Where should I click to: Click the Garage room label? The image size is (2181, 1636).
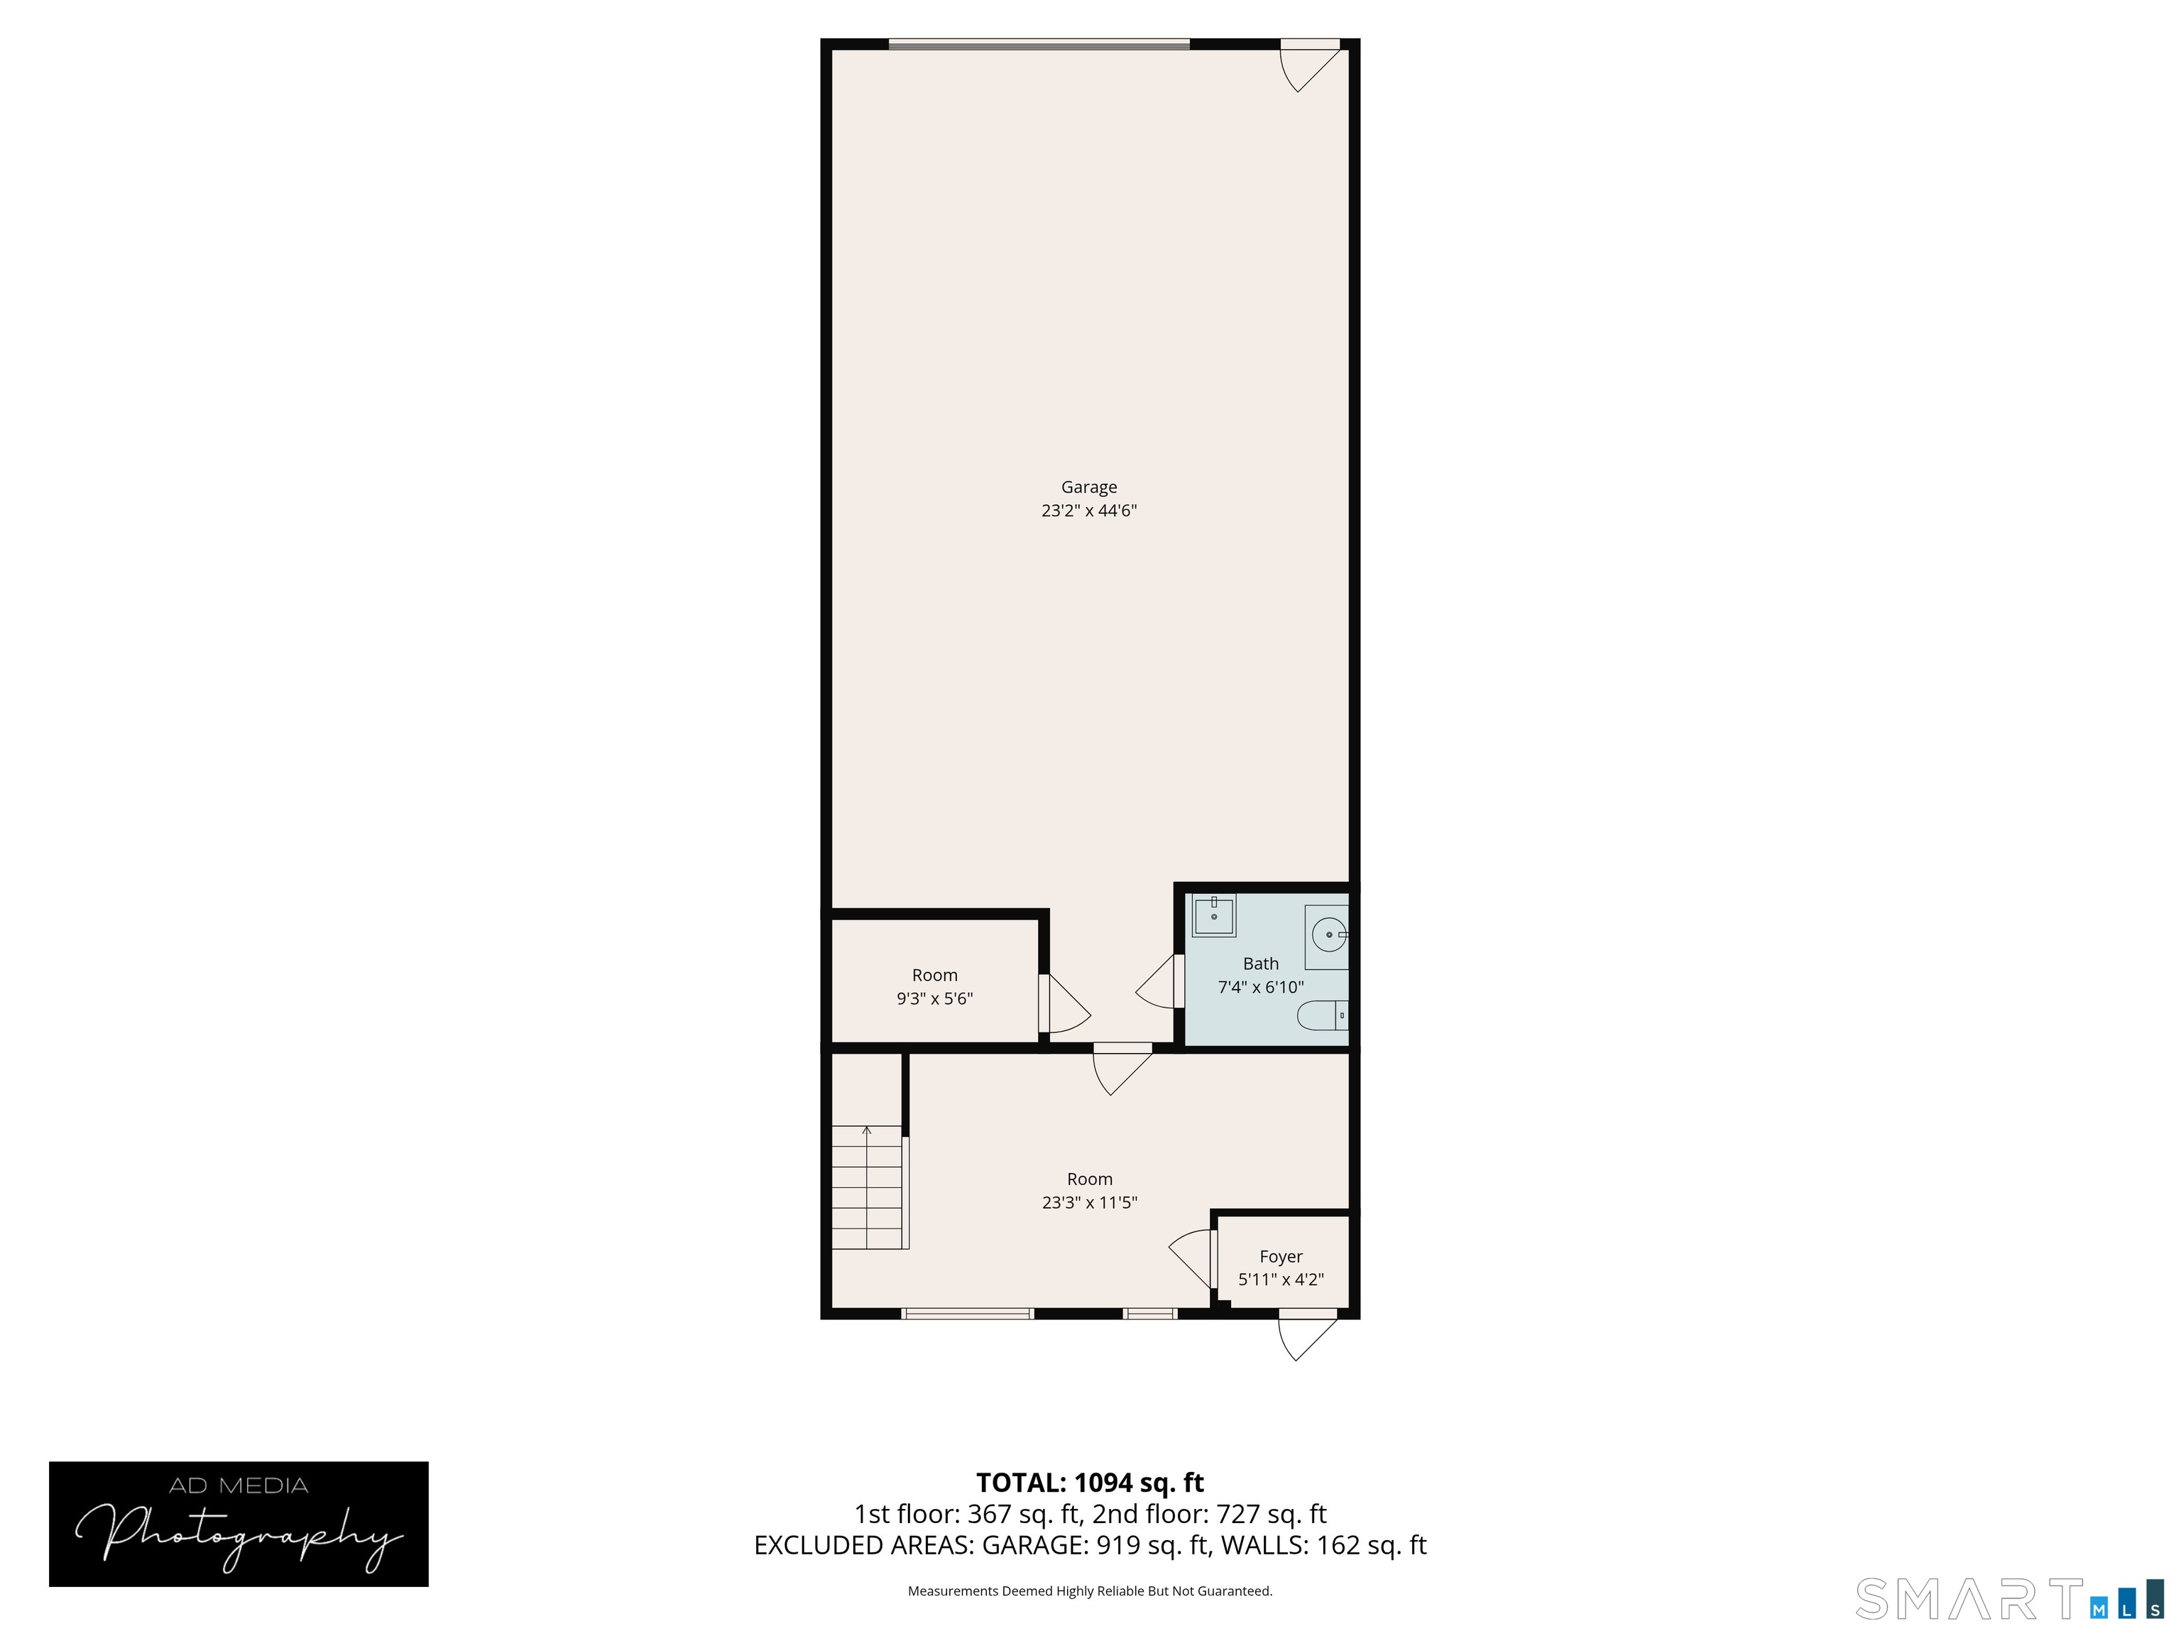click(x=1088, y=487)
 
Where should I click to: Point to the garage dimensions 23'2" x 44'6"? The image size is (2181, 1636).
click(x=1088, y=511)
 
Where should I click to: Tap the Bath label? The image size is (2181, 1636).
click(x=1260, y=964)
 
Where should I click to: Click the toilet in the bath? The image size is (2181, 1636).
click(x=1322, y=1015)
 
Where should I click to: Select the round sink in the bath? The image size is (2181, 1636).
click(x=1328, y=933)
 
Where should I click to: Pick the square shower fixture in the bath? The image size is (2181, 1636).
click(x=1214, y=916)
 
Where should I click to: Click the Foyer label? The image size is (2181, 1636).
click(x=1281, y=1256)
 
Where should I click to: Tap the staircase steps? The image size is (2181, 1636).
click(x=867, y=1187)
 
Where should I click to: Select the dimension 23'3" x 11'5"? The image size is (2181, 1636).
click(x=1090, y=1203)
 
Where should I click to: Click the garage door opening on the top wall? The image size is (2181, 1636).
click(x=1039, y=43)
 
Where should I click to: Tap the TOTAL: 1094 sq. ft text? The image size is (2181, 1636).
click(x=1090, y=1482)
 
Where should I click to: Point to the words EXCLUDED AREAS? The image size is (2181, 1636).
click(x=864, y=1545)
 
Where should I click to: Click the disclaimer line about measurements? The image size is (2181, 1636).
click(x=1090, y=1591)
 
